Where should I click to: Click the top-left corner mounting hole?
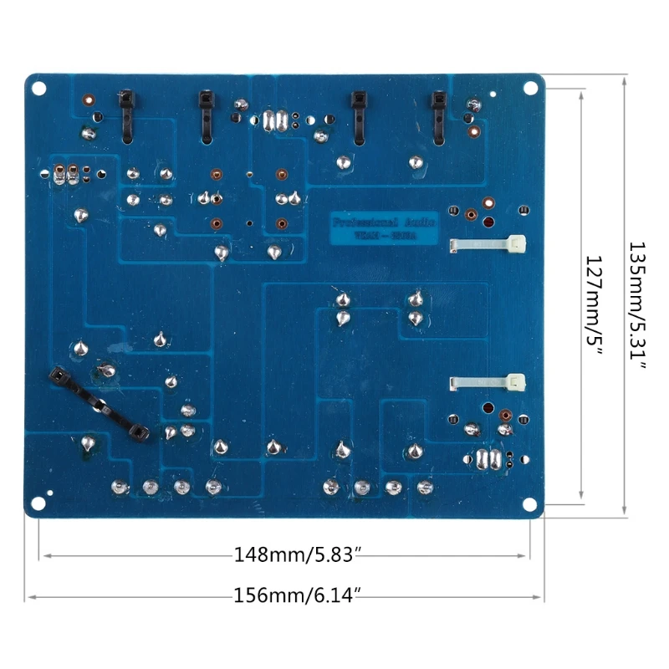click(x=38, y=87)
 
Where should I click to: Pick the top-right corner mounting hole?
click(x=530, y=87)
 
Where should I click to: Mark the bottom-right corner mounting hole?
click(x=530, y=503)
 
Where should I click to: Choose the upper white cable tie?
click(x=489, y=245)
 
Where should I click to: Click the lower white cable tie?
click(x=489, y=383)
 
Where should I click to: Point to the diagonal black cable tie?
click(x=99, y=405)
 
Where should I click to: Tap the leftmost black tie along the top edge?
click(x=126, y=115)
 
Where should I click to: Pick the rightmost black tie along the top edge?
click(x=437, y=115)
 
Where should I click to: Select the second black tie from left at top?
click(x=204, y=115)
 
